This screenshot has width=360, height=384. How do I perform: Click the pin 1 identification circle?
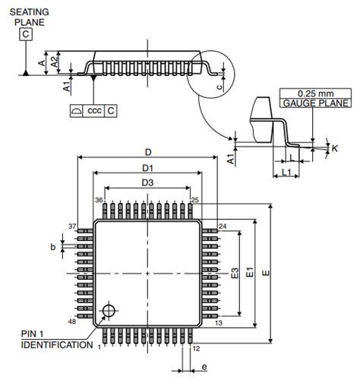coord(111,310)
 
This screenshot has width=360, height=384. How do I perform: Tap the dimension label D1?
coord(147,167)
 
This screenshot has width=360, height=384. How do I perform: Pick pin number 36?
coord(99,200)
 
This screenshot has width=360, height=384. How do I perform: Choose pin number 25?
coord(195,200)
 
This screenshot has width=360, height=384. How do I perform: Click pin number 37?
coord(73,227)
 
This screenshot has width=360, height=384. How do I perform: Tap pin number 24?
coord(223,227)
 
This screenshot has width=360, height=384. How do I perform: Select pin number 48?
coord(73,322)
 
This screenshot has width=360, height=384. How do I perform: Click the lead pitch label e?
coord(204,367)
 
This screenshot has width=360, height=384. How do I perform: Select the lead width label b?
coord(52,246)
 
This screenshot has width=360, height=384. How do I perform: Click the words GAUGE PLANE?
coord(315,103)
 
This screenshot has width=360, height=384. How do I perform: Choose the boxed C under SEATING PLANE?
coord(27,34)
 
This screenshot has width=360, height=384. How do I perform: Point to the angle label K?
coord(334,149)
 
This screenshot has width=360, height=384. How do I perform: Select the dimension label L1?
coord(287,174)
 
